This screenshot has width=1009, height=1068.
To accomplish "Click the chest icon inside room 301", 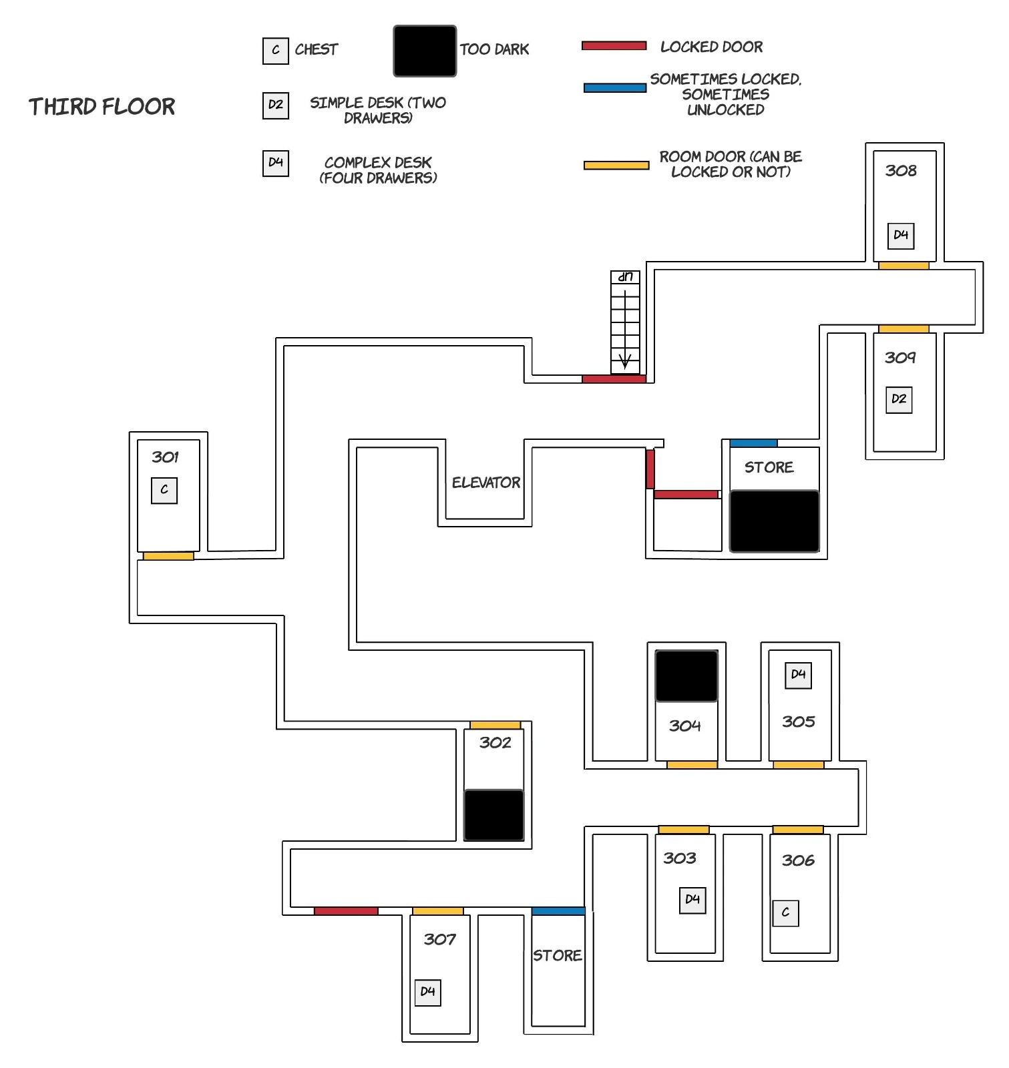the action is pyautogui.click(x=164, y=490).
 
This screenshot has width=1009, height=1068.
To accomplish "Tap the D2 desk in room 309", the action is pyautogui.click(x=899, y=399).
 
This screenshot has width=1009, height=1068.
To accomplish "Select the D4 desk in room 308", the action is pyautogui.click(x=901, y=235).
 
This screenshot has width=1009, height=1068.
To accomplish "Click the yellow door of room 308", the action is pyautogui.click(x=903, y=266).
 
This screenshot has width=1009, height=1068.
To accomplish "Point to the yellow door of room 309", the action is pyautogui.click(x=903, y=329).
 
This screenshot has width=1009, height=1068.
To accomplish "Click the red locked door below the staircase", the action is pyautogui.click(x=614, y=378).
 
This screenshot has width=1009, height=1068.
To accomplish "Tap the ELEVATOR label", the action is pyautogui.click(x=486, y=482).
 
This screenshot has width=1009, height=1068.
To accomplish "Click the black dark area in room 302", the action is pyautogui.click(x=494, y=815).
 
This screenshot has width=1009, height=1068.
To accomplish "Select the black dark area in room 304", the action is pyautogui.click(x=686, y=676).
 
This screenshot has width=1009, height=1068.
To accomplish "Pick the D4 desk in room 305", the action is pyautogui.click(x=799, y=675).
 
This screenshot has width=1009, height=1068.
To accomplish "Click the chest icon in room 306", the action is pyautogui.click(x=785, y=912).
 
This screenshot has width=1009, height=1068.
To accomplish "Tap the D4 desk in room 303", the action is pyautogui.click(x=692, y=900).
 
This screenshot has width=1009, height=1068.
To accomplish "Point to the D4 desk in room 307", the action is pyautogui.click(x=428, y=992).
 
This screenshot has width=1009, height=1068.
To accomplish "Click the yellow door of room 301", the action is pyautogui.click(x=168, y=555).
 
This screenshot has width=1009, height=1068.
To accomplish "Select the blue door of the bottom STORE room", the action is pyautogui.click(x=558, y=911).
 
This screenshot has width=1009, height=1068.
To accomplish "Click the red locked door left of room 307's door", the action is pyautogui.click(x=346, y=911).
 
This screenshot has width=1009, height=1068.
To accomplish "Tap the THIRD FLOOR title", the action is pyautogui.click(x=102, y=107).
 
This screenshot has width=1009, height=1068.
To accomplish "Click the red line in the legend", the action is pyautogui.click(x=614, y=46).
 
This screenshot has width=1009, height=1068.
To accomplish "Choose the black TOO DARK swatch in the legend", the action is pyautogui.click(x=425, y=51).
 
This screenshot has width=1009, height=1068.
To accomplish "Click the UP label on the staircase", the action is pyautogui.click(x=625, y=276).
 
